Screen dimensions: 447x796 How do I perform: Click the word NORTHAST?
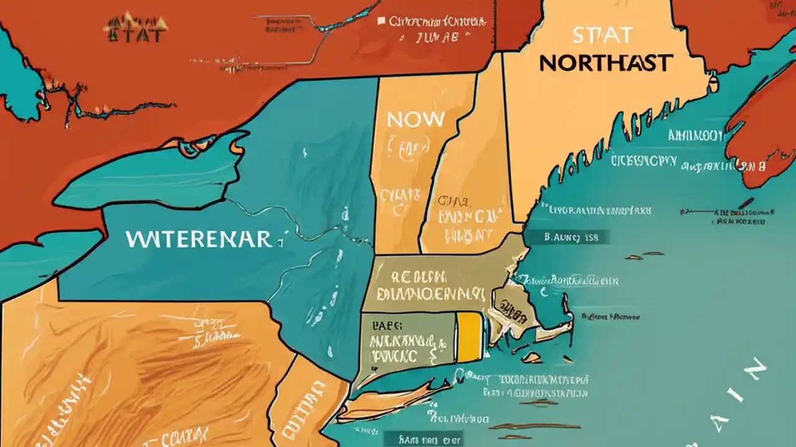pos(606,63)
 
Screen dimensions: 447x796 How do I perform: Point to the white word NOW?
pos(415,120)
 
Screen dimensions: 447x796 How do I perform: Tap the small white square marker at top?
pos(381,21)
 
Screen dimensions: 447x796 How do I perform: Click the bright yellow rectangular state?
pos(470,336)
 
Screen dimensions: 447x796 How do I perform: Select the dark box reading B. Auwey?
pos(567,237)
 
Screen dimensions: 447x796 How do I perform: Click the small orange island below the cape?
pos(532,358)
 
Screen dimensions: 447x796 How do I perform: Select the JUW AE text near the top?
pos(435,37)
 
